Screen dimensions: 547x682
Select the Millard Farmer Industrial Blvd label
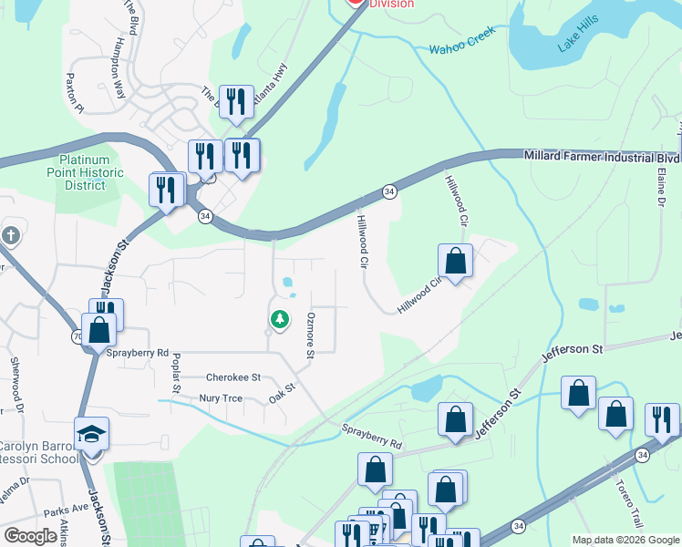[601, 156]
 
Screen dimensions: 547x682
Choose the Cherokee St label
[233, 377]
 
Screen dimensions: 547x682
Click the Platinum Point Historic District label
[85, 172]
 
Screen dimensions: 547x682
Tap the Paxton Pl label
[74, 94]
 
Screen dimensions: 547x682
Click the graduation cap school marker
[91, 434]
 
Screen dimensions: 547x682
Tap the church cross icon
[10, 235]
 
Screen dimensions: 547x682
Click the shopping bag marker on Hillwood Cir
[455, 261]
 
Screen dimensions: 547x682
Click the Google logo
[30, 536]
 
